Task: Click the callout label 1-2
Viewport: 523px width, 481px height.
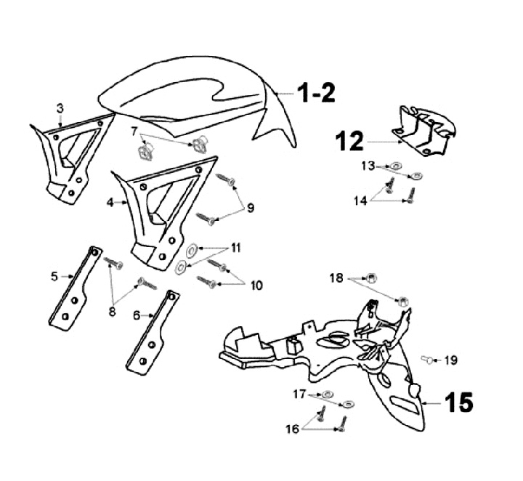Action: [315, 94]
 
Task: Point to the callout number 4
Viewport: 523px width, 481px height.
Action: [110, 203]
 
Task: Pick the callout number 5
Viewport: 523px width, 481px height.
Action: [54, 276]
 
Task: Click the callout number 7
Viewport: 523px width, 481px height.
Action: [134, 131]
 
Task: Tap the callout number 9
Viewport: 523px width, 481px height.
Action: [250, 208]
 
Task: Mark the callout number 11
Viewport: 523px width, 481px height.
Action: [235, 248]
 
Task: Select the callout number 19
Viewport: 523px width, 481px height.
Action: [451, 360]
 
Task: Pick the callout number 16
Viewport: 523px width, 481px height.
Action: [291, 429]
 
